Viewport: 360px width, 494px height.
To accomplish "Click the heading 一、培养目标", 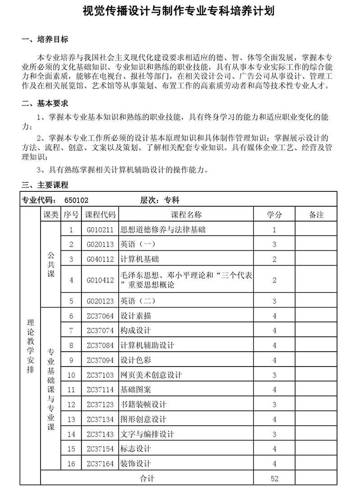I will click(x=45, y=40).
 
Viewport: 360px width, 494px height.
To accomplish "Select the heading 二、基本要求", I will click(x=45, y=104).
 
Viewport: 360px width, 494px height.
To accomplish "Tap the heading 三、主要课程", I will click(x=45, y=185).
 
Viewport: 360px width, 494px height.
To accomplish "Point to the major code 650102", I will click(x=76, y=200).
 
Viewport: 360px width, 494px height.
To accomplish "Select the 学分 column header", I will click(x=274, y=215).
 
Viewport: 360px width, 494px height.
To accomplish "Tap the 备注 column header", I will click(x=316, y=215).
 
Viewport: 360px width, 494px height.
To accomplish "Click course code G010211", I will click(x=100, y=230).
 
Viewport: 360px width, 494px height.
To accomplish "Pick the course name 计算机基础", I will click(x=140, y=259).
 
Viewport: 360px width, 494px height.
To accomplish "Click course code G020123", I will click(x=100, y=301).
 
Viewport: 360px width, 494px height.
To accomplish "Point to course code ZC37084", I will click(x=100, y=345).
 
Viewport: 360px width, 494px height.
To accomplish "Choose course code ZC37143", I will click(x=100, y=435).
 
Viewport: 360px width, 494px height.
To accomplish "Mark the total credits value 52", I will click(x=274, y=479).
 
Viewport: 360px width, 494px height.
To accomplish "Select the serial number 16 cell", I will click(x=71, y=464).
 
